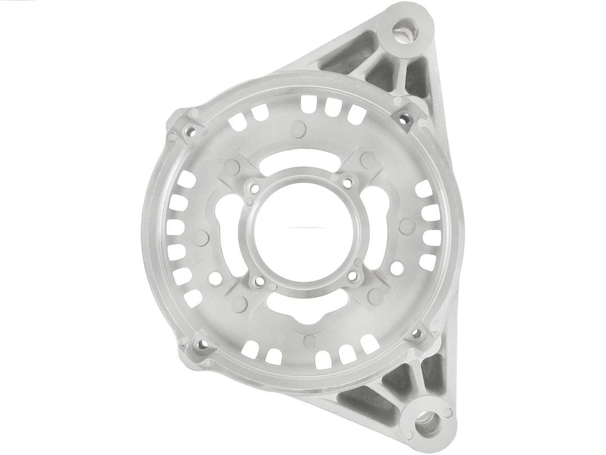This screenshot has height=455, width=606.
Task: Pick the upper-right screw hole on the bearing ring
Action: [349, 182]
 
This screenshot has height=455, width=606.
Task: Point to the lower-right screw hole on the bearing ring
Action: [353, 276]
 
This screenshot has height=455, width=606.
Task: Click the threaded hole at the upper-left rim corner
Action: [190, 131]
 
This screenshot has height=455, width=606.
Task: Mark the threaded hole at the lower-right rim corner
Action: [416, 334]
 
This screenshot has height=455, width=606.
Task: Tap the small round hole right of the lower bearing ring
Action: [396, 269]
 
